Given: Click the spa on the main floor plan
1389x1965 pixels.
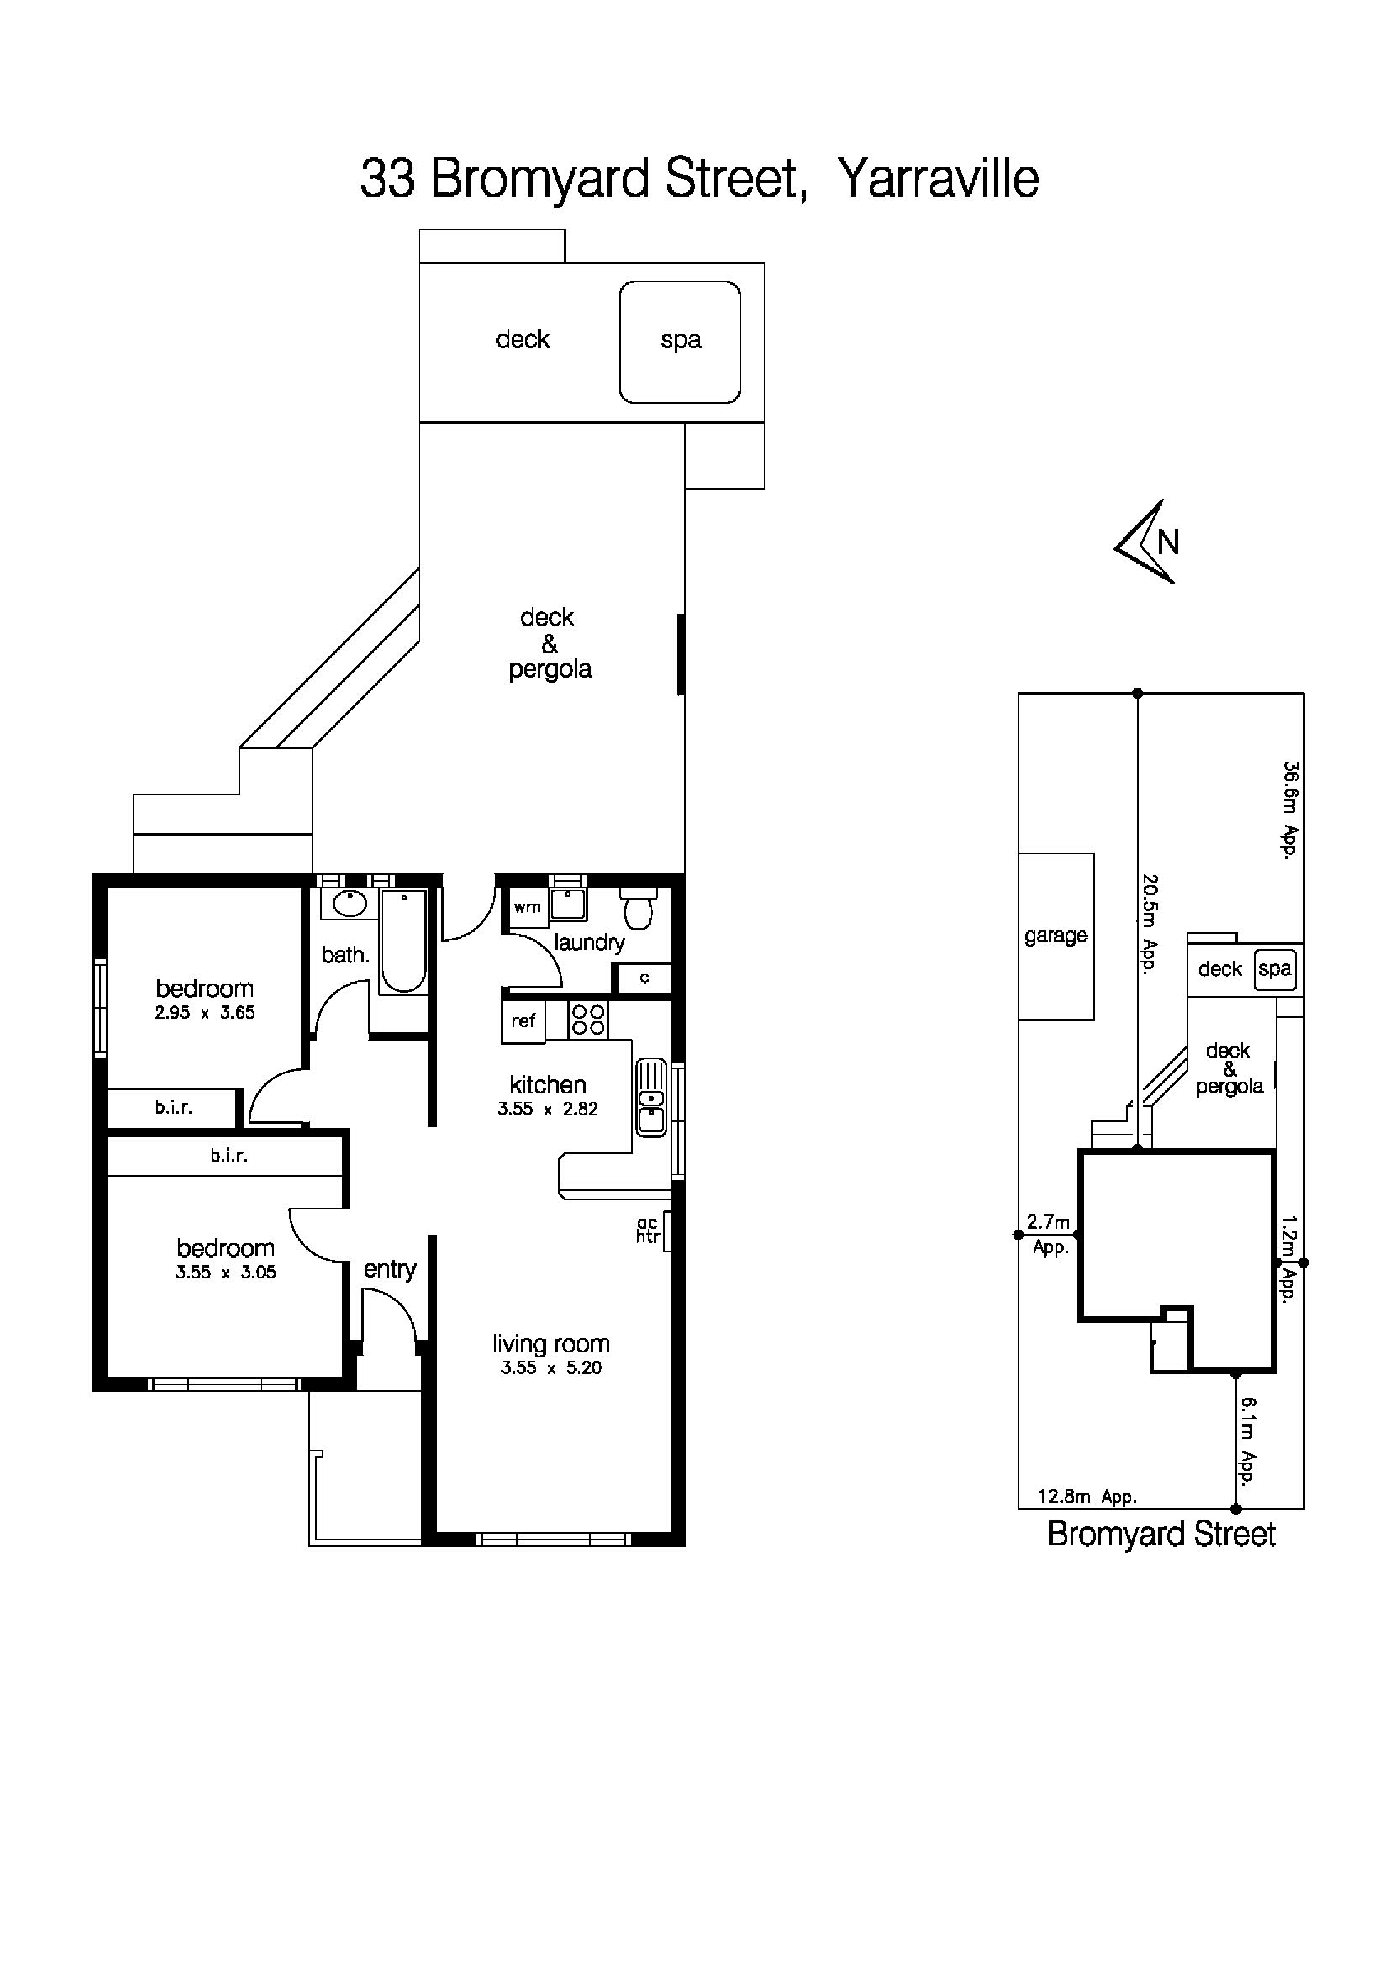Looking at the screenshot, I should [680, 342].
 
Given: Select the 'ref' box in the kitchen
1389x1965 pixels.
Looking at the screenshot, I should [523, 1021].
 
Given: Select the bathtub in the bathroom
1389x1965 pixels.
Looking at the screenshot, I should [403, 942].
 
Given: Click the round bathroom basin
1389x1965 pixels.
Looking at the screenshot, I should [349, 903].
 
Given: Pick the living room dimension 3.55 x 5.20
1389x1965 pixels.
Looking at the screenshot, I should [551, 1368].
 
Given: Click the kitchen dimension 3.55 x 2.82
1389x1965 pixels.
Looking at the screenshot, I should [548, 1109].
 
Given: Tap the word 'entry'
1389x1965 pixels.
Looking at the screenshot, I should [389, 1269].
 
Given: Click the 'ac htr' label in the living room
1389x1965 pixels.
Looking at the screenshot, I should [648, 1231].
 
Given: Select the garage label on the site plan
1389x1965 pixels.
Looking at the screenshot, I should [1055, 935].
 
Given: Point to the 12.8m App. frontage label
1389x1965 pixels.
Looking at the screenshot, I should [1087, 1497].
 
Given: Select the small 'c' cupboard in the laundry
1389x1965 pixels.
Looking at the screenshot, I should [644, 977].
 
